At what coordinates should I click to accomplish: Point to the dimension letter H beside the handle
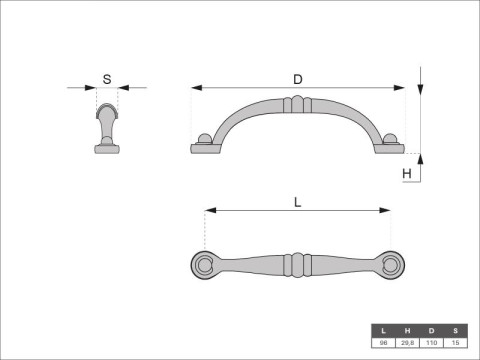[x=407, y=173]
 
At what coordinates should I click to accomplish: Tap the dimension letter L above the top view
[x=298, y=201]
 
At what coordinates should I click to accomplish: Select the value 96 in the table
[x=382, y=342]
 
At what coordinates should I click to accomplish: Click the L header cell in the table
[x=382, y=330]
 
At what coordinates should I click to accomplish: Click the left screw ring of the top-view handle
[x=204, y=265]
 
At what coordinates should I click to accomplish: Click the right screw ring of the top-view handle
[x=391, y=265]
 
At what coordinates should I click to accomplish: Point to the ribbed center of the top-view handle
[x=297, y=265]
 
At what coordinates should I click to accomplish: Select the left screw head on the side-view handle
[x=204, y=140]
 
